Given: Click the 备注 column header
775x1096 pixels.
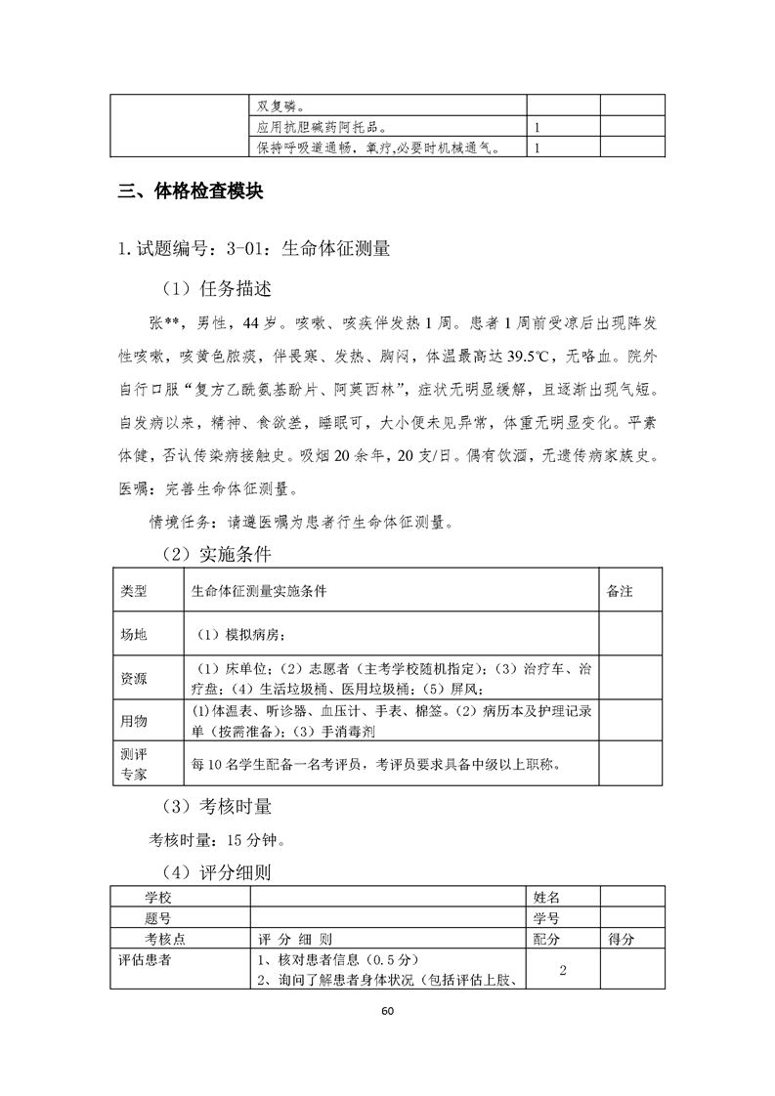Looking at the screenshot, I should click(621, 592).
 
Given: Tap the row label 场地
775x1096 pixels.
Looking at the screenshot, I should click(134, 635).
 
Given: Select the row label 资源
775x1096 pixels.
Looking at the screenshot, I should click(134, 678).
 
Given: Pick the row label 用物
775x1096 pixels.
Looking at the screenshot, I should click(134, 721).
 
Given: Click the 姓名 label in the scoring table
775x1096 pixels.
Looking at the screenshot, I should click(546, 897).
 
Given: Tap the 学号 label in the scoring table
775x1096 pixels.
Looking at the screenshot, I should click(546, 918).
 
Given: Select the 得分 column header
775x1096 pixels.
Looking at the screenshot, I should click(622, 939).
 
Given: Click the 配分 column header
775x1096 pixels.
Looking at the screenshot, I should click(546, 939).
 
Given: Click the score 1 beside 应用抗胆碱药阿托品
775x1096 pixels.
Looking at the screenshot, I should click(538, 127).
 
